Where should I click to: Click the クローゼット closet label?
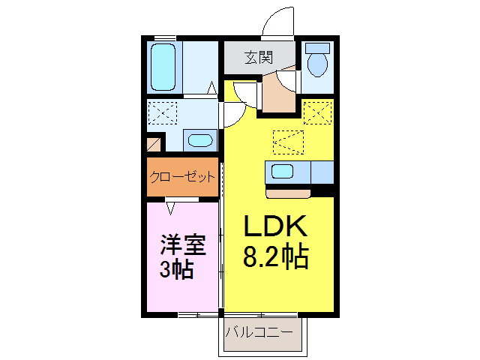(182, 177)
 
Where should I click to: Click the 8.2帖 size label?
(274, 257)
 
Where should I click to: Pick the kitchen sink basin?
(282, 171)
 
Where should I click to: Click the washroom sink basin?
(199, 140)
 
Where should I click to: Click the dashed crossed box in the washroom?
(163, 113)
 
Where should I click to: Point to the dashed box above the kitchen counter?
(289, 141)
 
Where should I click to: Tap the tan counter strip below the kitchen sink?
(288, 193)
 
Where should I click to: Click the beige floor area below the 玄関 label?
(279, 94)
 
